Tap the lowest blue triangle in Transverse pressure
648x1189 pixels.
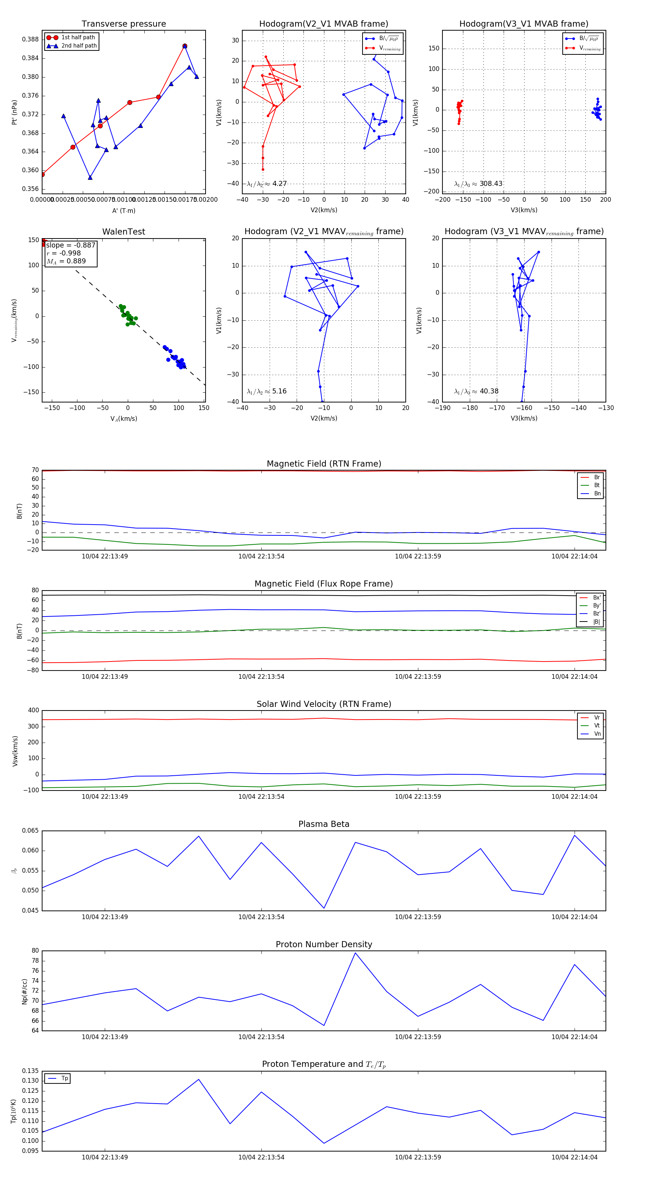[90, 177]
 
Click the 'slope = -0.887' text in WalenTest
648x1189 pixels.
[71, 245]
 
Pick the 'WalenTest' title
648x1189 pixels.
[123, 232]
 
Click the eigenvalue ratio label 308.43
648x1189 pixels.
[491, 184]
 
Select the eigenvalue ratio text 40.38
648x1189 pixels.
[489, 391]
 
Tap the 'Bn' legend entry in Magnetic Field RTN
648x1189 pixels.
[597, 493]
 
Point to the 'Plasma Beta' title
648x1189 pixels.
[324, 824]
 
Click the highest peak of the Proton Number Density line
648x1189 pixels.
[355, 953]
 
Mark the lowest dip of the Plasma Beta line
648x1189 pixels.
[324, 908]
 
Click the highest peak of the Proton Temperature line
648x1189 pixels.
[199, 1079]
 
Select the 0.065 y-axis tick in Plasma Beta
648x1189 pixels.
[31, 831]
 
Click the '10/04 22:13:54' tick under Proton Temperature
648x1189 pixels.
[261, 1157]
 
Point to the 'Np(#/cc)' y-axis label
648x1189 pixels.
[24, 992]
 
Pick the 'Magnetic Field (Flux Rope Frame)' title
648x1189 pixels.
[324, 584]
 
